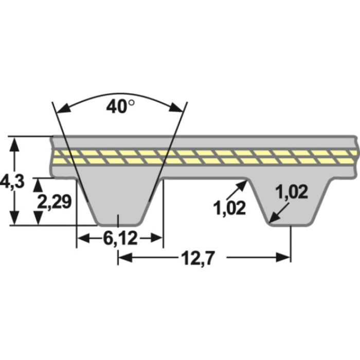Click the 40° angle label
coord(120,106)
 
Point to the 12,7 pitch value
coord(197,257)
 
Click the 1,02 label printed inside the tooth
coord(292,192)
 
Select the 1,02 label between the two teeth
coord(229,208)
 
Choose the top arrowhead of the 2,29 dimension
coord(37,184)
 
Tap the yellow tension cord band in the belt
coord(206,157)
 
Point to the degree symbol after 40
coord(132,102)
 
